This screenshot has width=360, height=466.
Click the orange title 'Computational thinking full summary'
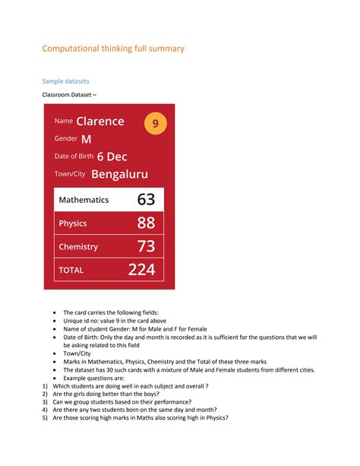tap(112, 49)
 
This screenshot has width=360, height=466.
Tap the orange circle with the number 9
tap(156, 123)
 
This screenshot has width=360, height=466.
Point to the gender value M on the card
tap(86, 139)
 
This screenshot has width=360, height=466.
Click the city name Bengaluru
tap(119, 174)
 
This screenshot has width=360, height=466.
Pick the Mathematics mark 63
tap(147, 200)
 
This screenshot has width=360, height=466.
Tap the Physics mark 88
tap(147, 223)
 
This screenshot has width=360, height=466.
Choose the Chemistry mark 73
tap(147, 246)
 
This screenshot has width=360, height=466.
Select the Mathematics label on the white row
tap(84, 200)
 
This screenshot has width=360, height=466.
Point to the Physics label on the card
tap(73, 223)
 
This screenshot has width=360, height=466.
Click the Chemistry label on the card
tap(78, 247)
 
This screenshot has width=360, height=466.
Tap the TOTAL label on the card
tap(71, 271)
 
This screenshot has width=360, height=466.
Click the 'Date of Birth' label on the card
tap(74, 157)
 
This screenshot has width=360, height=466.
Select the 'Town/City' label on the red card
tap(71, 174)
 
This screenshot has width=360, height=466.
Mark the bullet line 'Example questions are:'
tap(97, 378)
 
